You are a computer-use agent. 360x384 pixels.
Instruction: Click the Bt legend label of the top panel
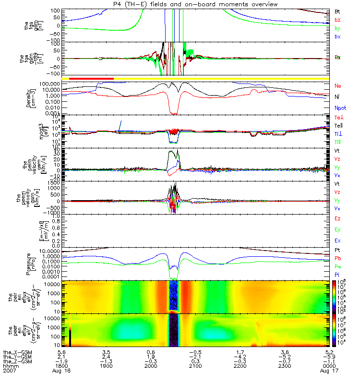(337, 11)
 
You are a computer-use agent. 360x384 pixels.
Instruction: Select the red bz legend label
(337, 20)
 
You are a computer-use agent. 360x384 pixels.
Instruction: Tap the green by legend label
(337, 28)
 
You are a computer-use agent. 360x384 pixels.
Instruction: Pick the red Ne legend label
(338, 85)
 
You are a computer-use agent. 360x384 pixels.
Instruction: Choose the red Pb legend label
(338, 259)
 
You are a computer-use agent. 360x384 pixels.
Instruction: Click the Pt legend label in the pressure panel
(338, 251)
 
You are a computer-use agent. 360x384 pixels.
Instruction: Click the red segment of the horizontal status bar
(91, 78)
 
